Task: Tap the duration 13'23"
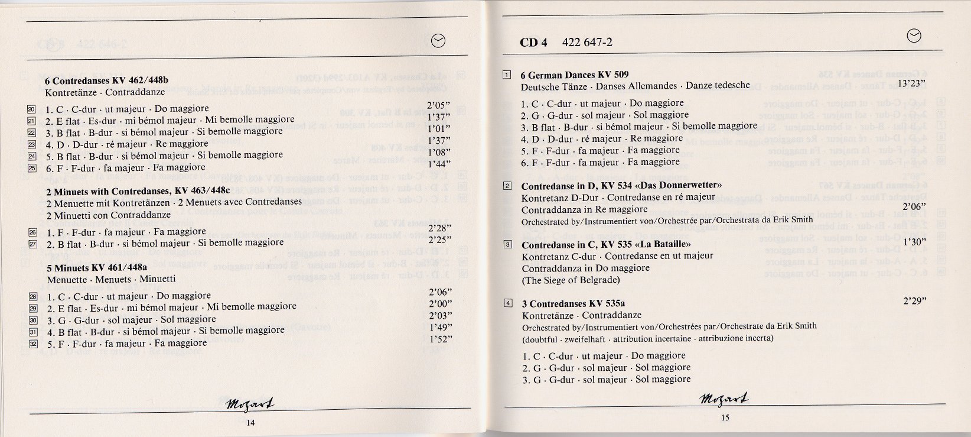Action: (911, 83)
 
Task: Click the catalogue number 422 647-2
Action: (588, 42)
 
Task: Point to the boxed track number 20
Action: (32, 109)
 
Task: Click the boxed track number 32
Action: (33, 344)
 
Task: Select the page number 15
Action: (725, 418)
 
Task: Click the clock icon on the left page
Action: (439, 40)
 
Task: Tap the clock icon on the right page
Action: (913, 36)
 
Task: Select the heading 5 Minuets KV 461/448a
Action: (96, 267)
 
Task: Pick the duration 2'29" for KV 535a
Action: (915, 300)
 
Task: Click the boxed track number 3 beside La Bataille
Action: (507, 244)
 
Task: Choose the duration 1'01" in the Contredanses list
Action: (439, 128)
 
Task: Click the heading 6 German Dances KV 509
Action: (574, 75)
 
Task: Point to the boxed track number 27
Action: (32, 244)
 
